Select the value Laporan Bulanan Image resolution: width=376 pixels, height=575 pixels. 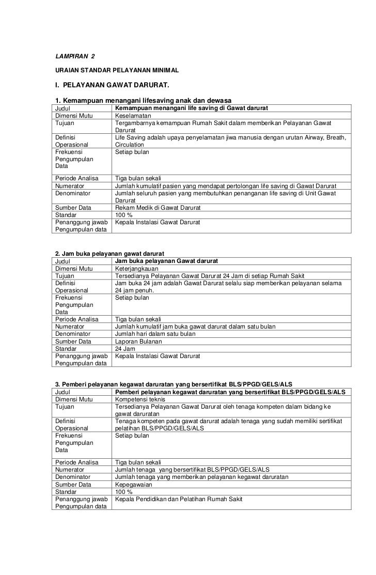[x=138, y=341]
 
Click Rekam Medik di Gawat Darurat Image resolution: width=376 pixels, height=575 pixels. [x=158, y=207]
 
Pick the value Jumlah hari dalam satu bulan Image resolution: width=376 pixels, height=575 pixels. [x=155, y=334]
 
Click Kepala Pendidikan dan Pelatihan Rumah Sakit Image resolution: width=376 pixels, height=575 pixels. [x=179, y=499]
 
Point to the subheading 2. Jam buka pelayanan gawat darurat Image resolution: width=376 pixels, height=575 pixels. [x=109, y=254]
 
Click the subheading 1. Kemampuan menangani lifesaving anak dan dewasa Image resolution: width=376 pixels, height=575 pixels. [x=143, y=100]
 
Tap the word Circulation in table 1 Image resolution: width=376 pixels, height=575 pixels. [x=130, y=145]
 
